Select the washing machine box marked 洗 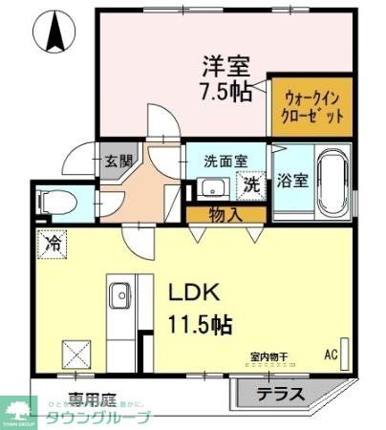click(251, 184)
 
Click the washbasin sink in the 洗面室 click(215, 186)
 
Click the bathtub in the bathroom click(331, 183)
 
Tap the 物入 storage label click(225, 215)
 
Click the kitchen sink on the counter click(119, 296)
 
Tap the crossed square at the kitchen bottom click(76, 355)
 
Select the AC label click(332, 355)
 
